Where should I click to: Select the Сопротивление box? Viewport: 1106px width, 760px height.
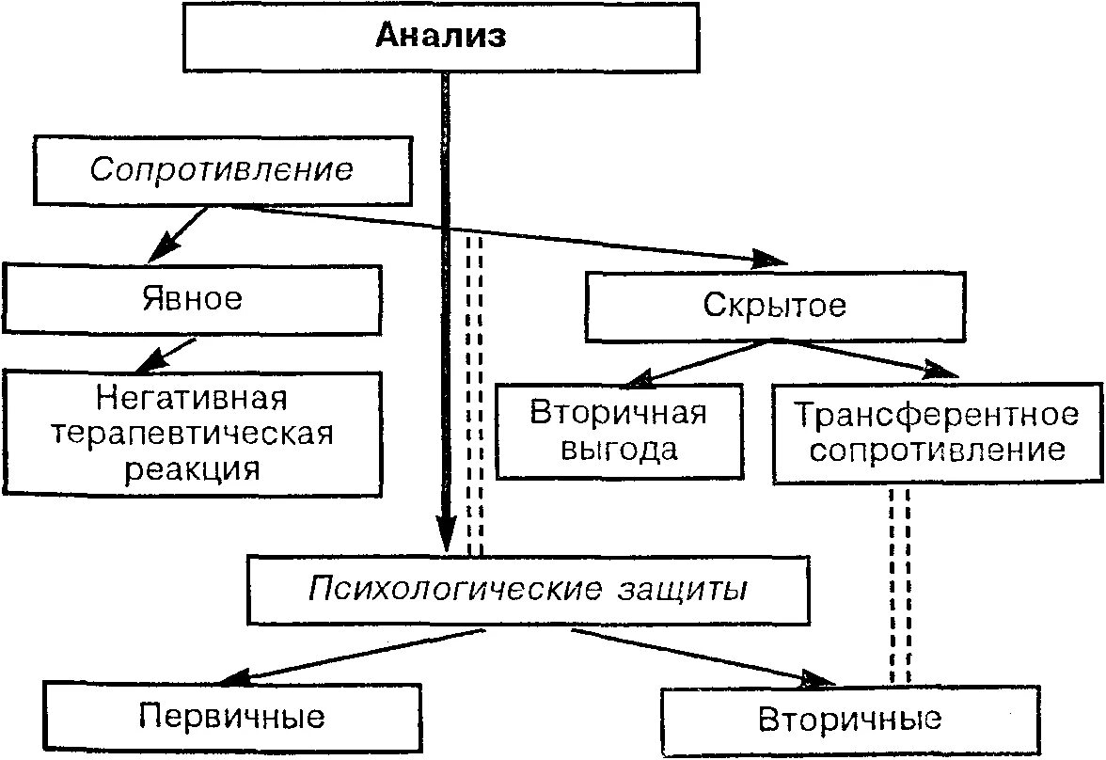(x=222, y=169)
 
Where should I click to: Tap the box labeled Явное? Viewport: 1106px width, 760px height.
(x=192, y=299)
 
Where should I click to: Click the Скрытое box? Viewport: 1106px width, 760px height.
(x=773, y=306)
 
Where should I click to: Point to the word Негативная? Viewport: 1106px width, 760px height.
(x=192, y=399)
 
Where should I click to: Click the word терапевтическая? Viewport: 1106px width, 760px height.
(x=192, y=434)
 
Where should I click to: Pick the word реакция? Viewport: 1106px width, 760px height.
(x=192, y=468)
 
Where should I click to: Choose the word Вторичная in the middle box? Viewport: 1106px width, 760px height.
(x=617, y=413)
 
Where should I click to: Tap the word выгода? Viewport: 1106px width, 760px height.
(x=617, y=449)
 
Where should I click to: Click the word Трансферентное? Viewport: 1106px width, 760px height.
(x=936, y=414)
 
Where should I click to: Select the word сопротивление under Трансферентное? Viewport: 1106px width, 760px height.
(x=936, y=450)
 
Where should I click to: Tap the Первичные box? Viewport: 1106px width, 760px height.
(x=231, y=717)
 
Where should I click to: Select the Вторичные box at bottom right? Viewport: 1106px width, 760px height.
(x=849, y=720)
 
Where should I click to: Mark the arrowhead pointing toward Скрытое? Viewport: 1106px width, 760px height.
(x=773, y=259)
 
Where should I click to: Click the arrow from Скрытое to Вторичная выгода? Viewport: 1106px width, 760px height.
(x=696, y=362)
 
